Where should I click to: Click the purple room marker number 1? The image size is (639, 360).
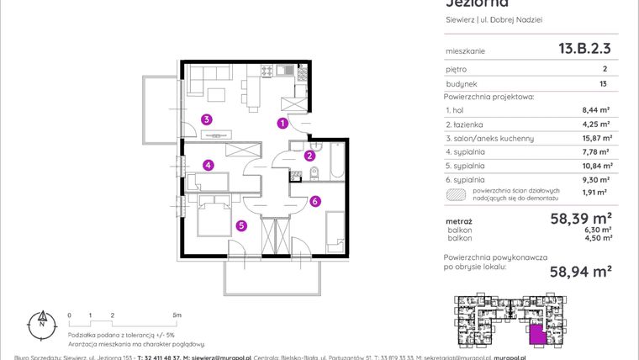point(283,124)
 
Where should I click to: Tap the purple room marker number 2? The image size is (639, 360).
point(309,155)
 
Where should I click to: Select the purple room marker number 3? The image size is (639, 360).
point(205,119)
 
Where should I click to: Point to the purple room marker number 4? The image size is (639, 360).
point(207,166)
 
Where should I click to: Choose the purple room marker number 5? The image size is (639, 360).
point(240,225)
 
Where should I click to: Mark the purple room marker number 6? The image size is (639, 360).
point(314,201)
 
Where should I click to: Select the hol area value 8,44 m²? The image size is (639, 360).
point(596,110)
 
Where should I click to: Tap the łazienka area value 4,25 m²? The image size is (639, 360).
point(596,124)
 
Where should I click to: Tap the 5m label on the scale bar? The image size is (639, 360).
point(174,314)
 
